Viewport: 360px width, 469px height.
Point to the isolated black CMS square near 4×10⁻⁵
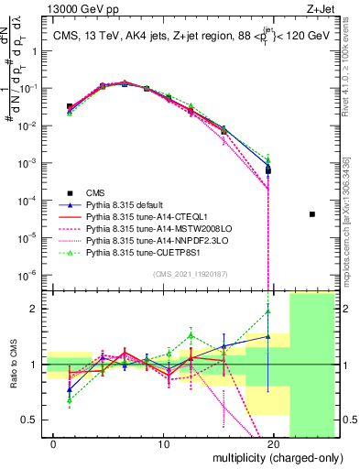[x=311, y=214]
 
